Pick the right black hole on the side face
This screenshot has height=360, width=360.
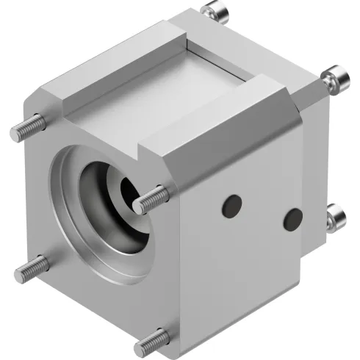click(293, 217)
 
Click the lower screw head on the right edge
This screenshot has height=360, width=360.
click(337, 215)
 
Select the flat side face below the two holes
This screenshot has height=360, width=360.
click(242, 279)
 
